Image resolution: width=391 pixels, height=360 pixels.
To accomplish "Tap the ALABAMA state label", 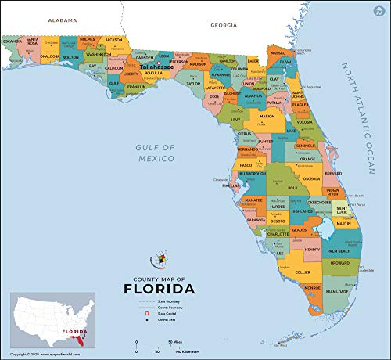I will pyautogui.click(x=63, y=19).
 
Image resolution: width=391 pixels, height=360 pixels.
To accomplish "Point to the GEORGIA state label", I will pyautogui.click(x=223, y=25).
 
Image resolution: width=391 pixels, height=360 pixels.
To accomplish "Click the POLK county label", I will pyautogui.click(x=292, y=188).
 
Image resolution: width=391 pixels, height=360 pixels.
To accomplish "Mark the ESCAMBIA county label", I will pyautogui.click(x=13, y=41).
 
